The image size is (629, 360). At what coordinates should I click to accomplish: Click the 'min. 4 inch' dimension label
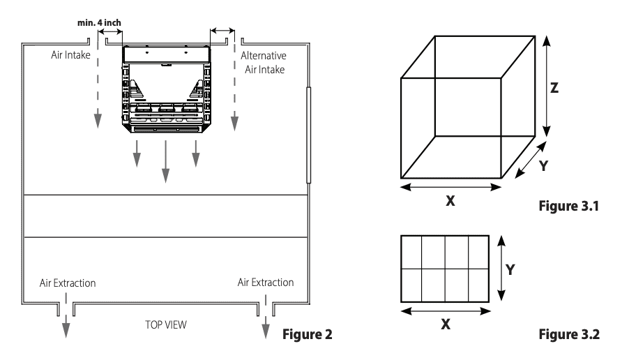click(99, 23)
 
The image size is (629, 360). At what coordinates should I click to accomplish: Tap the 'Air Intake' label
click(70, 55)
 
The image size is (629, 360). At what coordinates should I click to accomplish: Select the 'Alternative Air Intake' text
click(264, 63)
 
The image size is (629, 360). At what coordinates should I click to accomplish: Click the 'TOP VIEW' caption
click(166, 324)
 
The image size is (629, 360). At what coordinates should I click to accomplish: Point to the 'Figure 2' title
click(308, 334)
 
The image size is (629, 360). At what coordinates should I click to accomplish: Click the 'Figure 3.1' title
click(569, 206)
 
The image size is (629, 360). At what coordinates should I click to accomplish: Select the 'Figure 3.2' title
click(569, 334)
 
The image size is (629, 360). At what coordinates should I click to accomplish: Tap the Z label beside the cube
click(554, 88)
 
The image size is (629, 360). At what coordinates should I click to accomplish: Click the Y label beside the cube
click(543, 166)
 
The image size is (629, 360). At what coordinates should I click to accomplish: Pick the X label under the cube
click(450, 201)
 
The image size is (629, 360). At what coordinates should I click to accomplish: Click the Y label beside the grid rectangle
click(510, 270)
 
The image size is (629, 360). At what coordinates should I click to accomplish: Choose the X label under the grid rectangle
click(446, 324)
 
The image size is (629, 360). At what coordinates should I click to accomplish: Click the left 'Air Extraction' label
click(68, 283)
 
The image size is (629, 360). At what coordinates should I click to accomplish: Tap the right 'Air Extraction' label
click(266, 283)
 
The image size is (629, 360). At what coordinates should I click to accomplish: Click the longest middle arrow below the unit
click(165, 161)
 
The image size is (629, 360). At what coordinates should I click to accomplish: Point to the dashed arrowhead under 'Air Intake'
click(98, 121)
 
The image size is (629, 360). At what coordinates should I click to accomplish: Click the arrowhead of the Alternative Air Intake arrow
click(235, 123)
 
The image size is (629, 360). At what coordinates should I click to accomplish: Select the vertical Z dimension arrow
click(546, 86)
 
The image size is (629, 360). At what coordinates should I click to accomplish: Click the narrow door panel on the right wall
click(308, 135)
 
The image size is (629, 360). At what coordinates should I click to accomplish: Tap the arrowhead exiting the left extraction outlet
click(66, 330)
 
